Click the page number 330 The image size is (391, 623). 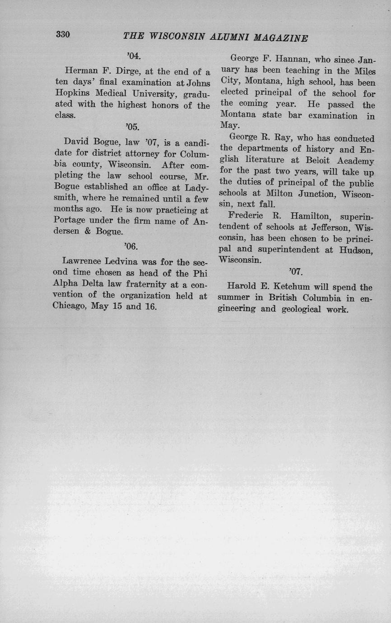point(63,34)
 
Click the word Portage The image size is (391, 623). point(70,221)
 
